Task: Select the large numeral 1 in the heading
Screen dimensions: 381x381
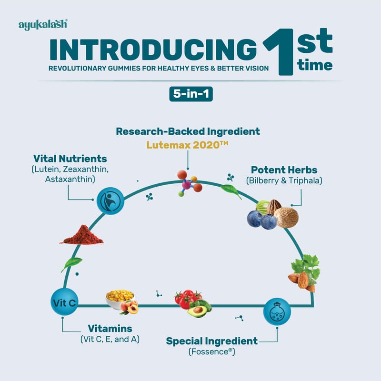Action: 279,52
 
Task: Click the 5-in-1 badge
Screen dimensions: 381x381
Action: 190,94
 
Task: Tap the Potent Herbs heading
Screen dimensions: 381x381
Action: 284,170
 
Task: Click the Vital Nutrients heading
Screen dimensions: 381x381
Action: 70,158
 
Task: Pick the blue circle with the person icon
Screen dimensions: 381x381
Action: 110,201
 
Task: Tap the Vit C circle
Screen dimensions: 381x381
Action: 64,302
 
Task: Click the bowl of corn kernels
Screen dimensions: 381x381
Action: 120,298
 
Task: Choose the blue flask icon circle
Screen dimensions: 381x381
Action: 277,312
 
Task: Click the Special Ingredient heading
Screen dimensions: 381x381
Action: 211,341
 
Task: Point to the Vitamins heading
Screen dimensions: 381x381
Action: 110,329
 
